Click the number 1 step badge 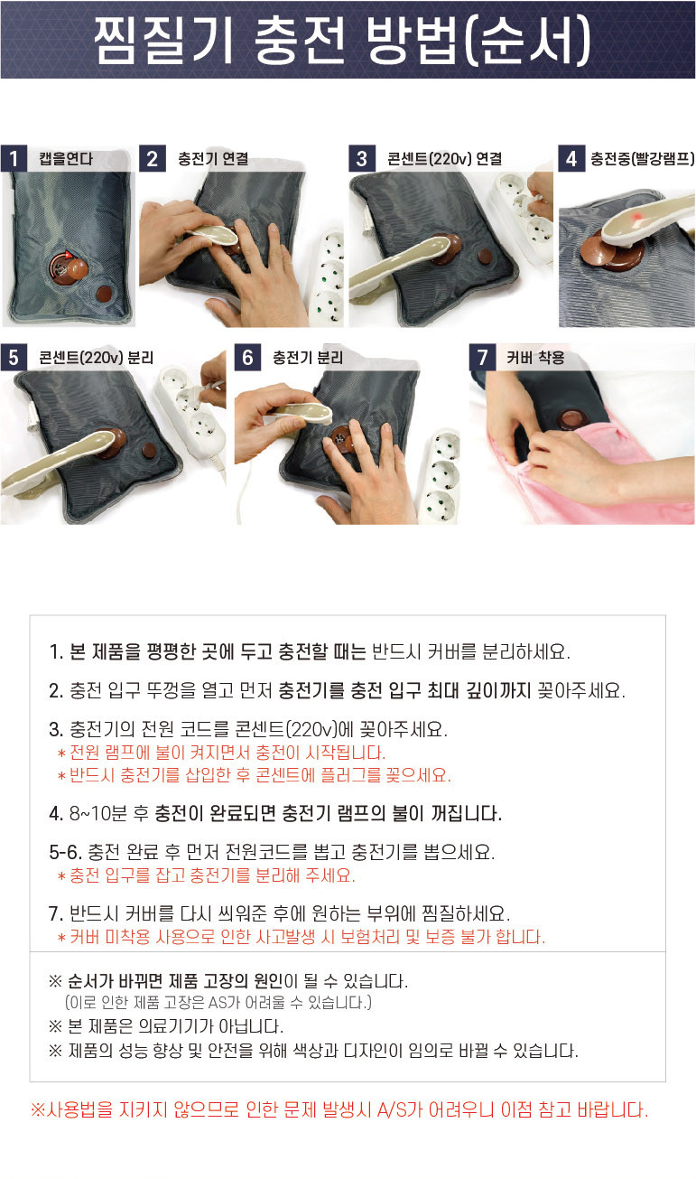click(14, 158)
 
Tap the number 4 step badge click(571, 158)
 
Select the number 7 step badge click(482, 358)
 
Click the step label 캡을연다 click(66, 158)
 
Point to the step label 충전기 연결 click(212, 158)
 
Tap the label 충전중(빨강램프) click(642, 158)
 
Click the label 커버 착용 click(535, 358)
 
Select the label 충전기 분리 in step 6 click(307, 358)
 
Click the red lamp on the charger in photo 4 click(637, 216)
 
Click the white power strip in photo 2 click(325, 279)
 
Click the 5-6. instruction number click(66, 852)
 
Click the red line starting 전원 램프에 click(221, 753)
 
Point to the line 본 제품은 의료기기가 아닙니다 click(166, 1025)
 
